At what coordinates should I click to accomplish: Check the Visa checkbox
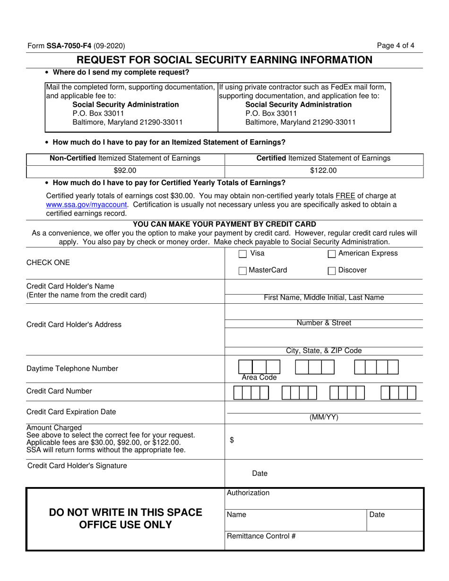pos(242,254)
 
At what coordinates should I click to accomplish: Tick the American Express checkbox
pos(331,254)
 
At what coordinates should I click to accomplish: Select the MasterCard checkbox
pos(242,271)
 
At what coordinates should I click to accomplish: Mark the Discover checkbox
pos(331,271)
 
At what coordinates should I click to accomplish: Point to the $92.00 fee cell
pos(125,171)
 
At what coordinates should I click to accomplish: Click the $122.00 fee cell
pos(323,171)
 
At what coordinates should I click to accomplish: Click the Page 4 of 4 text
pos(396,46)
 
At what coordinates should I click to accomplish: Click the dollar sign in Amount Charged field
pos(232,440)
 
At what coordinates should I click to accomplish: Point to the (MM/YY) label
pos(324,417)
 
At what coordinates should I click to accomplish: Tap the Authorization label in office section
pos(248,493)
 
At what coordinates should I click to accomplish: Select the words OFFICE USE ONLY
pos(125,525)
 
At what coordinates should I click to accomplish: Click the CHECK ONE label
pos(48,263)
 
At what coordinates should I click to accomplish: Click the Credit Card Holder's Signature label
pos(78,466)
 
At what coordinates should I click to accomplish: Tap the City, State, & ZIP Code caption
pos(324,350)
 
